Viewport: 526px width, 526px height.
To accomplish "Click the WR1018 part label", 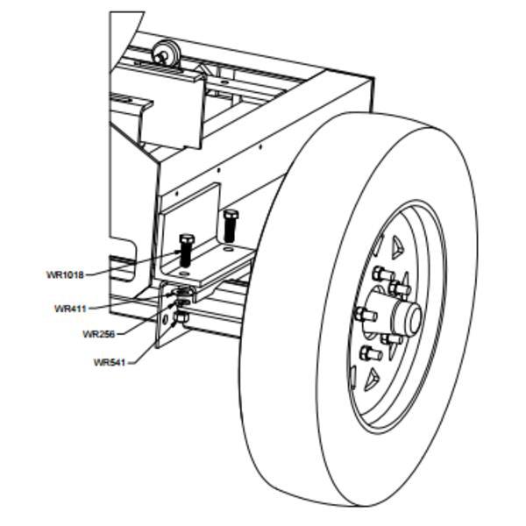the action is (65, 274).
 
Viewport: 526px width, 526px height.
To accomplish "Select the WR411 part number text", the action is (70, 309).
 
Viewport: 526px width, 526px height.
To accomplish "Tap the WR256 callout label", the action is (99, 334).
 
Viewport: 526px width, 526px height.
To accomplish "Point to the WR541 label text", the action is (110, 362).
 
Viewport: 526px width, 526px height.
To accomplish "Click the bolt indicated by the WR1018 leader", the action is (187, 250).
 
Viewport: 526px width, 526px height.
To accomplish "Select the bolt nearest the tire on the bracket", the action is (230, 226).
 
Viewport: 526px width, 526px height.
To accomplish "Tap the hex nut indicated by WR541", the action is (181, 317).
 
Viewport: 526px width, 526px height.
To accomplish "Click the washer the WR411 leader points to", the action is (183, 292).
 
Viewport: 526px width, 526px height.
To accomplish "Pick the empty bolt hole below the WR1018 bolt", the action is (183, 274).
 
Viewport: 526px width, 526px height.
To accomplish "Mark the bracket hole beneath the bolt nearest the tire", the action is (228, 249).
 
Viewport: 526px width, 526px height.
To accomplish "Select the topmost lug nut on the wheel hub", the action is (382, 274).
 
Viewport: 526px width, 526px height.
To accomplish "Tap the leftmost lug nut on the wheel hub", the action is (365, 315).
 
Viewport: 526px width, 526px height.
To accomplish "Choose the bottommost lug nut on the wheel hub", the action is (370, 353).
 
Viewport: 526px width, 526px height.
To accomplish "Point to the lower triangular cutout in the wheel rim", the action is (372, 380).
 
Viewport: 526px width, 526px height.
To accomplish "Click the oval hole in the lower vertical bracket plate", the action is (165, 319).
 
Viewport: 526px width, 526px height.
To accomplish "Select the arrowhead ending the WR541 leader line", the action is (174, 323).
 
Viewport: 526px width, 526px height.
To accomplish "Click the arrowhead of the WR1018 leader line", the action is (178, 252).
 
